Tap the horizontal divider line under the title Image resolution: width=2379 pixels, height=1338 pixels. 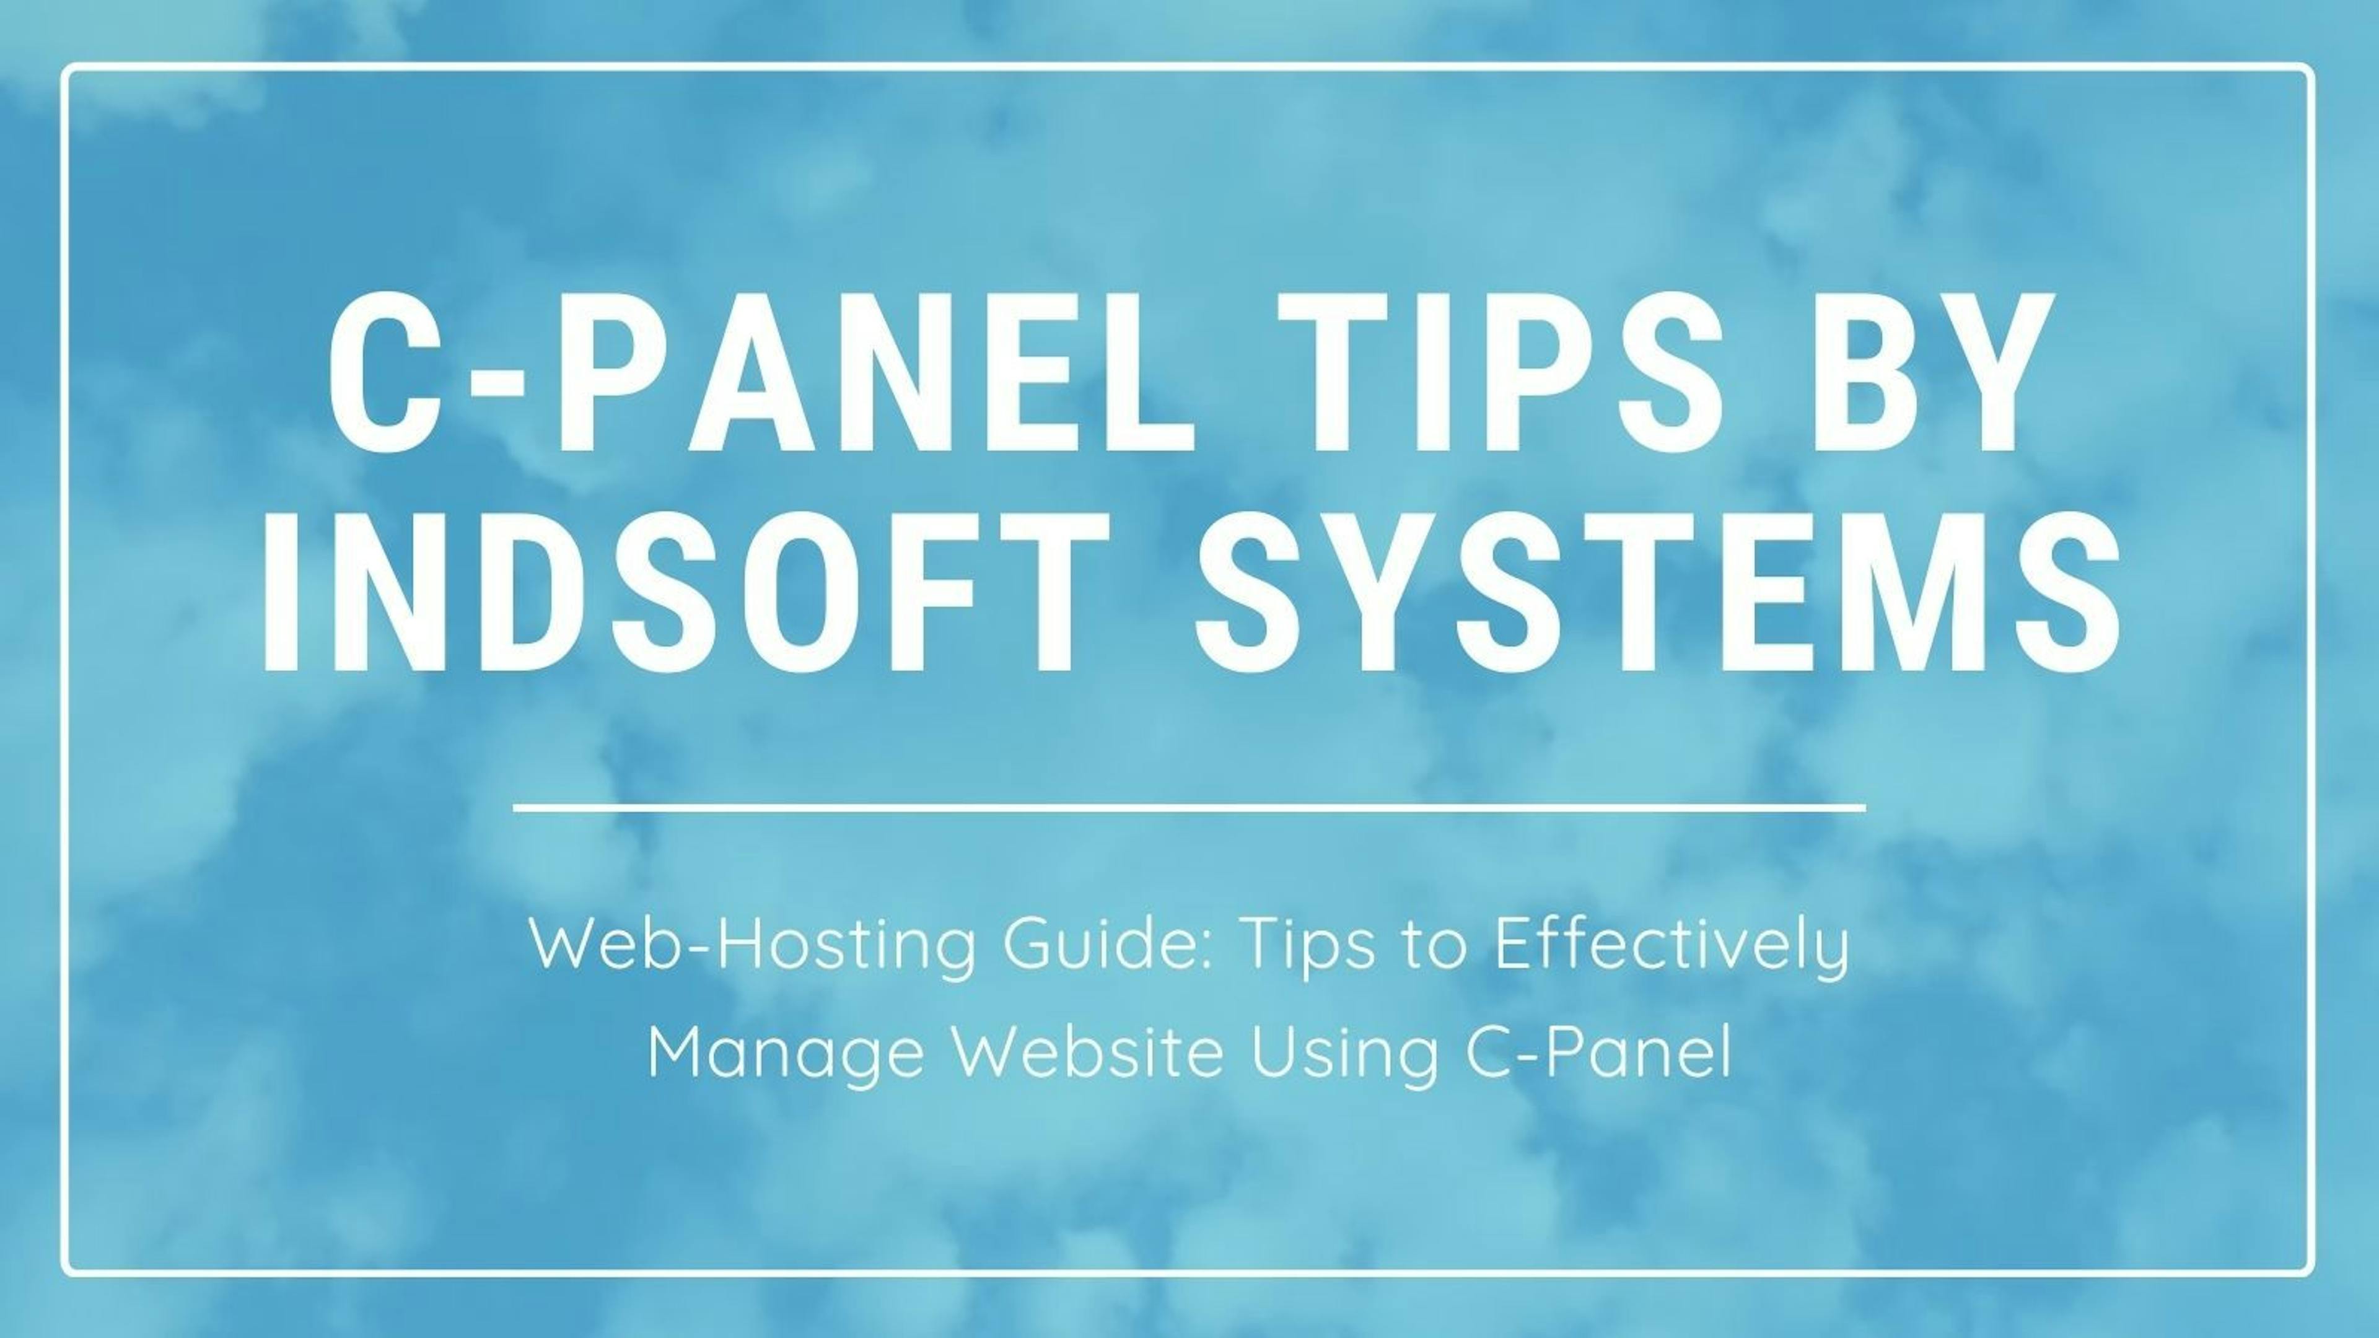[1189, 808]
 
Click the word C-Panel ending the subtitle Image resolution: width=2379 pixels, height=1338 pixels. [1598, 1052]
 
